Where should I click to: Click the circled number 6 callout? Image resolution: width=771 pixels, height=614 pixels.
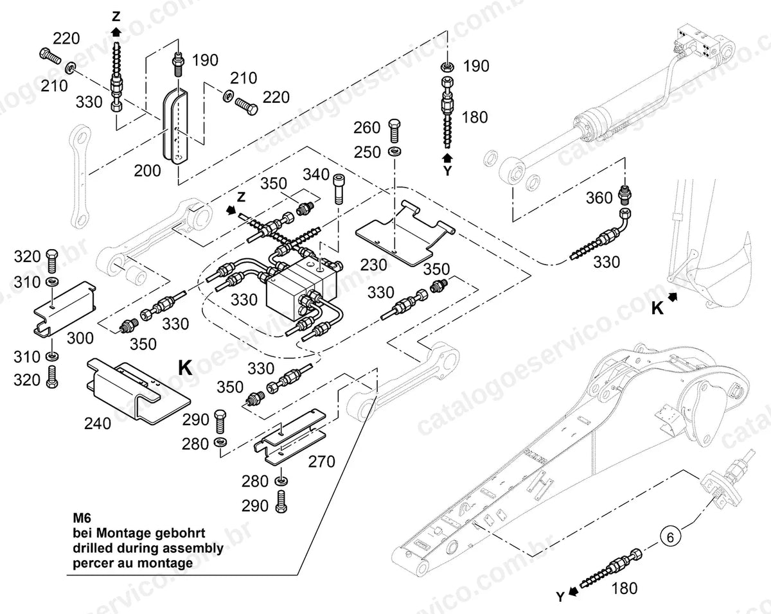click(x=669, y=538)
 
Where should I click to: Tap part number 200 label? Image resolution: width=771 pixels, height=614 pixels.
click(x=147, y=171)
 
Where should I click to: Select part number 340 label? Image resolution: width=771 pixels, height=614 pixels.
click(x=316, y=175)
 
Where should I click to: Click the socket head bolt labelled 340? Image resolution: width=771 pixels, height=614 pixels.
click(x=339, y=189)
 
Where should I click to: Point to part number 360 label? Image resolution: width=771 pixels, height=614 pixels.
click(x=599, y=198)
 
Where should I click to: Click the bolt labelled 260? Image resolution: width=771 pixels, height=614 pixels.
click(x=394, y=131)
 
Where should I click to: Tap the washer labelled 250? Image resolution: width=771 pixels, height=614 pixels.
click(x=394, y=151)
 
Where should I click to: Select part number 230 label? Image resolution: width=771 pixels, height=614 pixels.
click(x=374, y=265)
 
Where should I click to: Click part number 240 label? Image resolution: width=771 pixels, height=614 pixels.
click(x=98, y=424)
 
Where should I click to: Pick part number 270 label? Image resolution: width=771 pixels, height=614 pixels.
click(x=322, y=461)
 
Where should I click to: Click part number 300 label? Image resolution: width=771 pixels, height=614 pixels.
click(x=80, y=338)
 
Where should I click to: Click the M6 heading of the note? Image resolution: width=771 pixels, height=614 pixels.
click(x=82, y=518)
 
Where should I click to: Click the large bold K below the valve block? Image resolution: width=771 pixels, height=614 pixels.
click(x=185, y=367)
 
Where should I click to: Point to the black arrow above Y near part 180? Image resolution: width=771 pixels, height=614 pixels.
click(x=447, y=157)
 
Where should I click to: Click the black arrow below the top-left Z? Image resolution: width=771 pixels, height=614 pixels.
click(x=116, y=32)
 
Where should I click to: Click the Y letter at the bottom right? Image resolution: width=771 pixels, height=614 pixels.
click(x=560, y=597)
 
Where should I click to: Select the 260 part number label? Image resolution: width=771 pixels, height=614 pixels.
click(x=367, y=128)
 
